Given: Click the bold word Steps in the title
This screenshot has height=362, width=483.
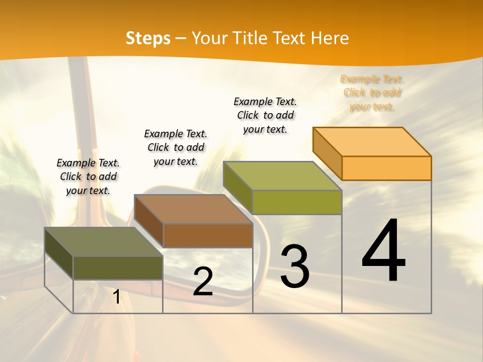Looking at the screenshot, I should (x=148, y=38).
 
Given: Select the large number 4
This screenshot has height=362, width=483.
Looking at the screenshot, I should (x=383, y=251).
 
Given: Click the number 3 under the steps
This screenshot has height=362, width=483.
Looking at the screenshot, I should (x=295, y=266).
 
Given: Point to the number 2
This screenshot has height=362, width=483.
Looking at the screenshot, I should (x=203, y=282).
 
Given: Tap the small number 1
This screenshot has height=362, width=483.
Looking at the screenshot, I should (x=116, y=297).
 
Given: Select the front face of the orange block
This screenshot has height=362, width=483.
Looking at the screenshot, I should (x=386, y=168).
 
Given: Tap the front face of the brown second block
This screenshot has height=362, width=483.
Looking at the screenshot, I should (x=208, y=235).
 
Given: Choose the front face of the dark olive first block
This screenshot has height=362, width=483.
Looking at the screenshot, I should (x=118, y=267).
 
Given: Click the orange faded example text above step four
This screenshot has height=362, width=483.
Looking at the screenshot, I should (x=372, y=93).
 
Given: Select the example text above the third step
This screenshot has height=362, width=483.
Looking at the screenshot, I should (x=265, y=115).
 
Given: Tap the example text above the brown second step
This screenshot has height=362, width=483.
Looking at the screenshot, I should (x=176, y=147).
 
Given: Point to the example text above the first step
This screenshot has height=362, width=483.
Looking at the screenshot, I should (x=88, y=176).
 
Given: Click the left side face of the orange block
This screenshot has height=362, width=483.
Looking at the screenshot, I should (x=328, y=153).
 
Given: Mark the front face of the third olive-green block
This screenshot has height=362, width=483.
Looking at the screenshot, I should (x=297, y=202).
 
